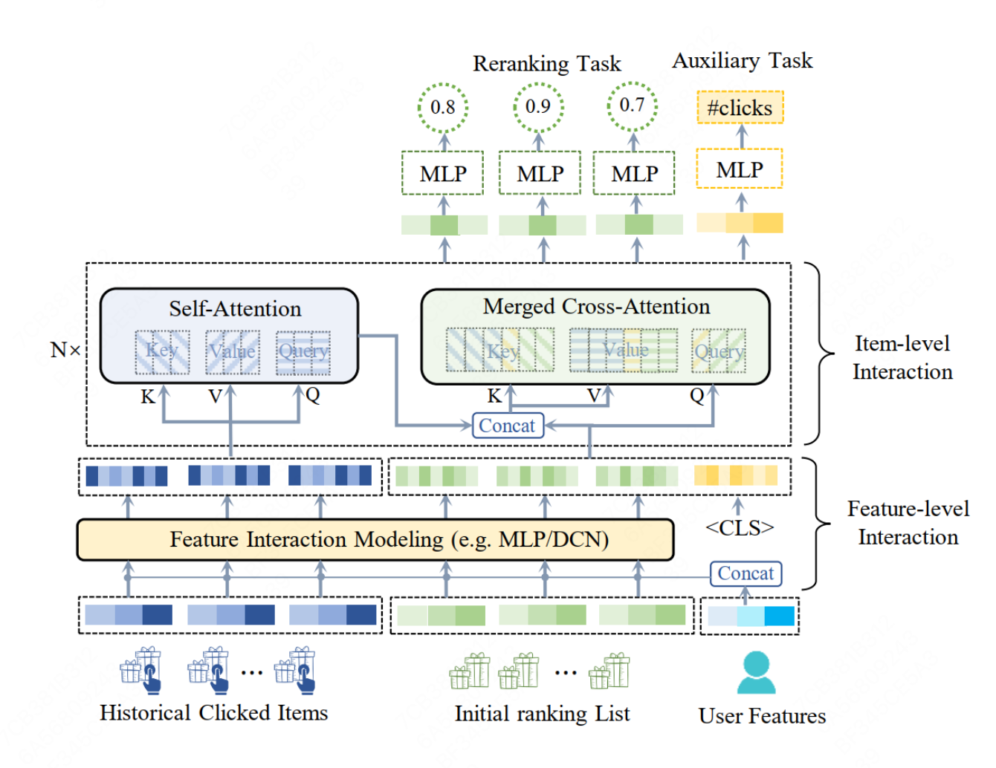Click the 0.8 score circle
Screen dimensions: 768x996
[x=443, y=108]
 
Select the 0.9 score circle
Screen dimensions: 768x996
[x=538, y=107]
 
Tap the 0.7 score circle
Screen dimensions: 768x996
[x=633, y=105]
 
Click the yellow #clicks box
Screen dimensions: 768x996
[x=740, y=108]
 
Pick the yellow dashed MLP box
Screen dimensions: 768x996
[x=740, y=169]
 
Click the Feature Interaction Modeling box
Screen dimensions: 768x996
[x=375, y=539]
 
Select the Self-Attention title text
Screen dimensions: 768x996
[x=235, y=309]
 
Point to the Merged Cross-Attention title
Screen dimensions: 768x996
[x=596, y=307]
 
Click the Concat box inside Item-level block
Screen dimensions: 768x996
[x=507, y=426]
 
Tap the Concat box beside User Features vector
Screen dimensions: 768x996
[x=746, y=573]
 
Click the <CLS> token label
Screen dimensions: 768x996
[x=740, y=528]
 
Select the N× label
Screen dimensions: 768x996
[x=65, y=350]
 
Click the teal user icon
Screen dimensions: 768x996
[x=756, y=672]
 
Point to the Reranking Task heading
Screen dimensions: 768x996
[x=546, y=64]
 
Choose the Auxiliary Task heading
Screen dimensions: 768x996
[x=742, y=61]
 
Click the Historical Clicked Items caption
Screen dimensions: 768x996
[x=214, y=713]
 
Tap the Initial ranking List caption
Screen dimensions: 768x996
[x=542, y=715]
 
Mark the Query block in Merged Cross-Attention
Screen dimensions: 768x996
[x=718, y=351]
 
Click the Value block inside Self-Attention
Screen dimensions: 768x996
[x=232, y=351]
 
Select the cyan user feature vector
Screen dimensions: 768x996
[x=751, y=616]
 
